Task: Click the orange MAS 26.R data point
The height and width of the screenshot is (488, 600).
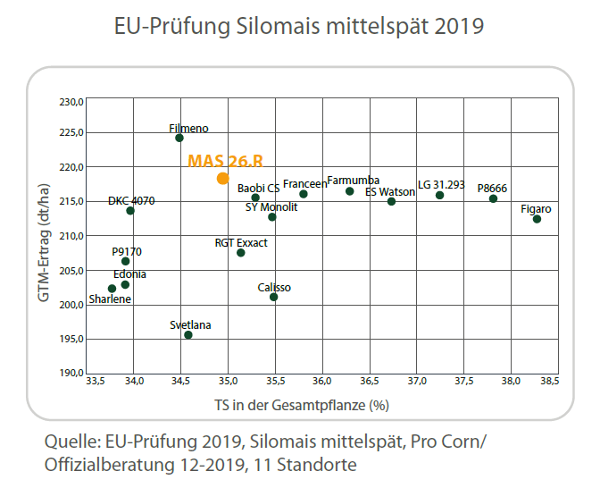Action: click(222, 178)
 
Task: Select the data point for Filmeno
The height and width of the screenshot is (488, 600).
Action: click(179, 138)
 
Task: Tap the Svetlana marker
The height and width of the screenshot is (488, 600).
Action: click(188, 335)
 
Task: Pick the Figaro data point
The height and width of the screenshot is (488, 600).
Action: click(537, 219)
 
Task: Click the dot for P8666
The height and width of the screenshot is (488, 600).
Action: click(493, 198)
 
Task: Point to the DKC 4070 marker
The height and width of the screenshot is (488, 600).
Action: click(130, 211)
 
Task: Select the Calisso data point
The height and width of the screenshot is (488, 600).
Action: click(273, 297)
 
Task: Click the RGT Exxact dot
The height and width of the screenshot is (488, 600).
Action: click(241, 253)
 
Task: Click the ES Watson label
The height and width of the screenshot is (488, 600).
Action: click(390, 191)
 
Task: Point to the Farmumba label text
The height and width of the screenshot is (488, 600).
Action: click(353, 181)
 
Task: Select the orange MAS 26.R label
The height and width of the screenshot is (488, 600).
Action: click(225, 161)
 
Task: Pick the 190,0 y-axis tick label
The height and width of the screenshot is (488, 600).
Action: click(71, 373)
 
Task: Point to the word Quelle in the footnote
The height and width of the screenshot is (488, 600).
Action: click(71, 442)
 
